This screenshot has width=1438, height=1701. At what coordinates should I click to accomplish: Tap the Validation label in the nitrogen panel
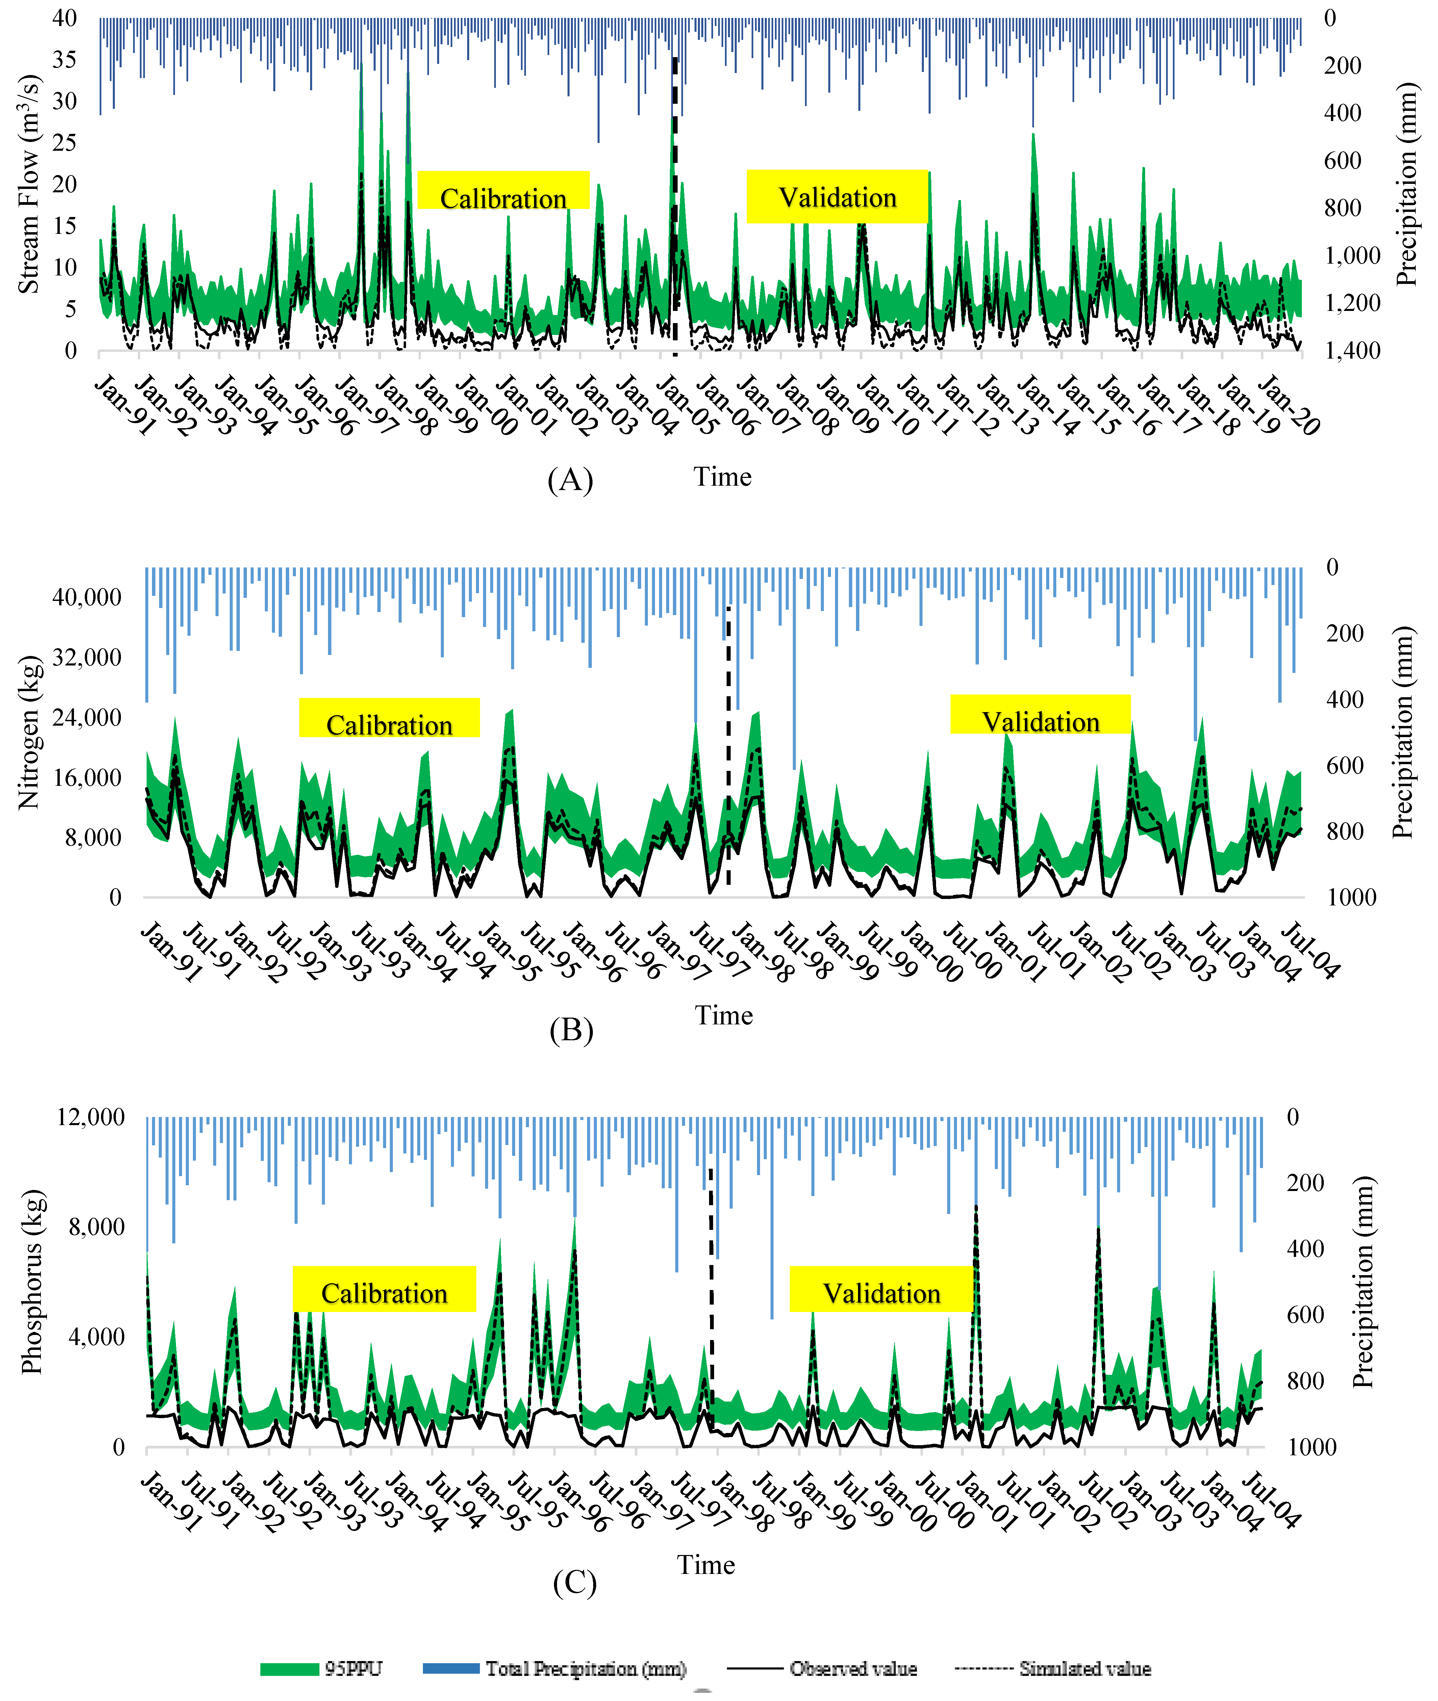[1040, 722]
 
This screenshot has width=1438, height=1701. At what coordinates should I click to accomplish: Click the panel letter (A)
[570, 480]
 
